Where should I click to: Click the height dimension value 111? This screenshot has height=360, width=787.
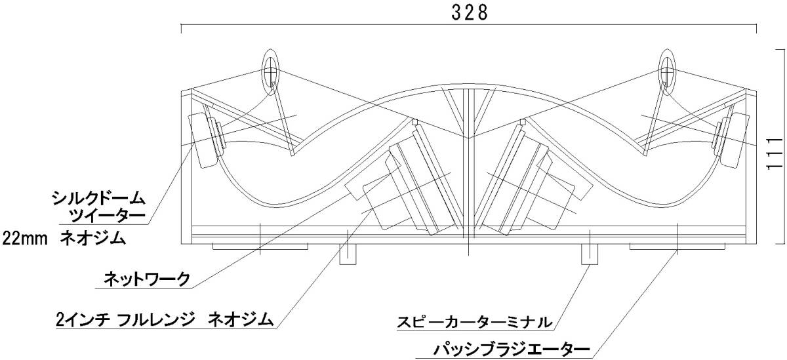click(x=775, y=154)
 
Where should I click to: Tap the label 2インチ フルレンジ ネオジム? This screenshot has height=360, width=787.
click(x=164, y=321)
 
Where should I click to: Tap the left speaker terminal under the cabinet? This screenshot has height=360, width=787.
click(x=348, y=253)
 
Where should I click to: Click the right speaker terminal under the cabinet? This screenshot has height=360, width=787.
click(x=590, y=253)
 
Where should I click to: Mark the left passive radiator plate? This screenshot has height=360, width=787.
click(x=261, y=247)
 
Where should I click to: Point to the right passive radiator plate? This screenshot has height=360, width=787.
click(x=677, y=247)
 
